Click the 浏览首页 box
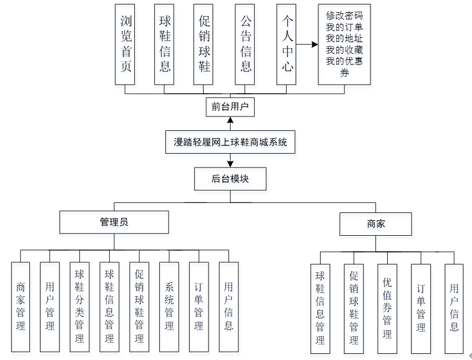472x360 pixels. (125, 44)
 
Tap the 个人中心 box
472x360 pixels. (287, 44)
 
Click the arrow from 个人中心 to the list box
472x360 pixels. (307, 44)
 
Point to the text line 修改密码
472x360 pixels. (344, 15)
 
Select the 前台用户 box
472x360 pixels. (230, 107)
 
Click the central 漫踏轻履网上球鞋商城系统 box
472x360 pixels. (230, 142)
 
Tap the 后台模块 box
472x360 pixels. (230, 179)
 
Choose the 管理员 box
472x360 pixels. (114, 222)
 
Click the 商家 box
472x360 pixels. (375, 224)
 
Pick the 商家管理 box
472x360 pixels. (21, 307)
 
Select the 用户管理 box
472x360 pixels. (50, 307)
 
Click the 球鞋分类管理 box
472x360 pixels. (79, 307)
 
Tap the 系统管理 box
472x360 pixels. (169, 307)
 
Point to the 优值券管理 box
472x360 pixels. (387, 308)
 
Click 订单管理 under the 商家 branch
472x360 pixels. (421, 308)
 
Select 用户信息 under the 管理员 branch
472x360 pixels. (229, 307)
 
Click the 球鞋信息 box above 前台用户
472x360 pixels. (165, 44)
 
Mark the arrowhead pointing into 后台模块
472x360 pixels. (230, 164)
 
